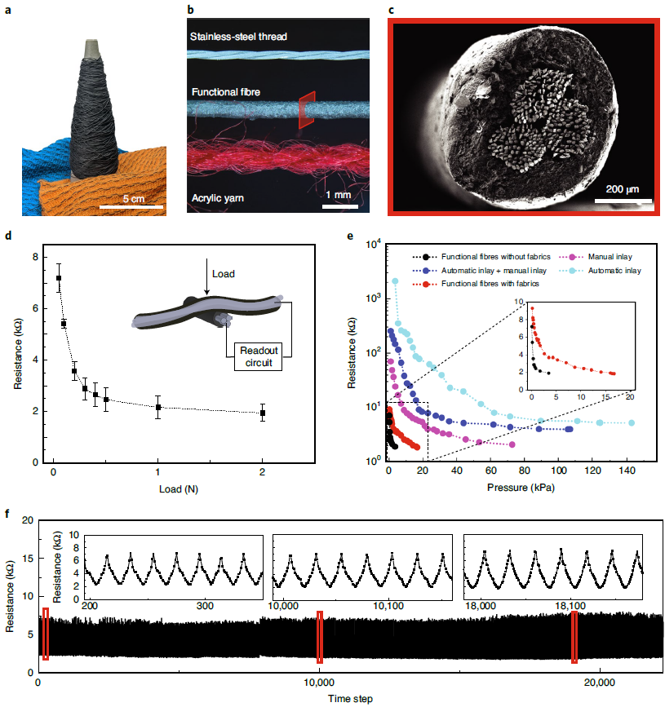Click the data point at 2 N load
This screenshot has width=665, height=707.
263,413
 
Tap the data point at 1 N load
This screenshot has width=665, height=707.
158,407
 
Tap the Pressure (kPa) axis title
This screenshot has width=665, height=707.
509,488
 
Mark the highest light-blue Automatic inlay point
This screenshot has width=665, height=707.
396,281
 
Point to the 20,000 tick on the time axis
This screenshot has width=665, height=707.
600,682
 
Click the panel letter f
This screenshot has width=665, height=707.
7,514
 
